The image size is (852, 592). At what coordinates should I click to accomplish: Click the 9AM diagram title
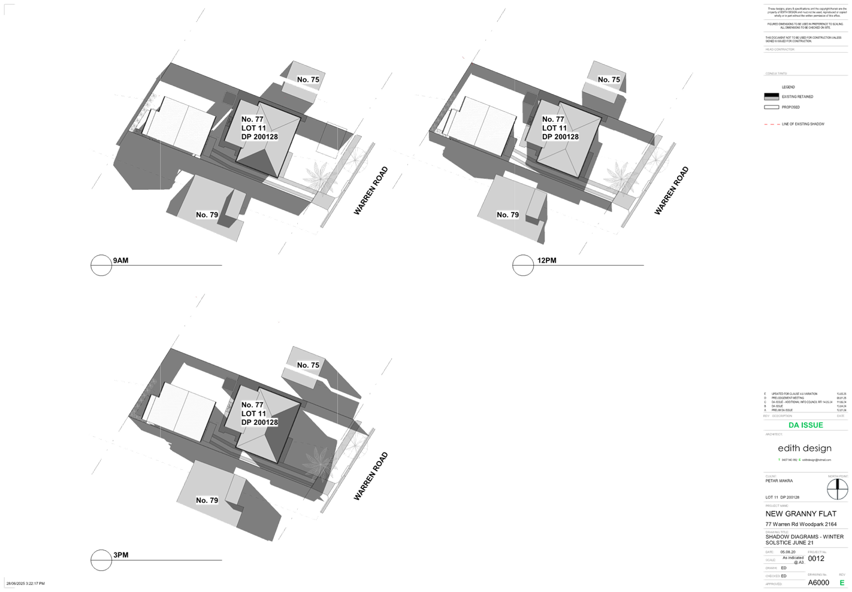[x=120, y=260]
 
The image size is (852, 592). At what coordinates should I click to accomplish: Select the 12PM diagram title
[x=547, y=260]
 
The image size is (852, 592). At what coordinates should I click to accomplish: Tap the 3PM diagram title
[x=120, y=555]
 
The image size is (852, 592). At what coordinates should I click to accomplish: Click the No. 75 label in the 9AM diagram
[x=308, y=80]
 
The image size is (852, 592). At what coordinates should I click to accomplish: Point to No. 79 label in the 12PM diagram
[x=507, y=215]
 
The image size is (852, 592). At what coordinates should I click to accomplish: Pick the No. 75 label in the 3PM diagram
[x=308, y=365]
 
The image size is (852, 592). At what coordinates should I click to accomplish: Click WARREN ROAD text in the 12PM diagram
[x=671, y=191]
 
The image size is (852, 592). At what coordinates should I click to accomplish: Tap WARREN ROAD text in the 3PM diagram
[x=371, y=476]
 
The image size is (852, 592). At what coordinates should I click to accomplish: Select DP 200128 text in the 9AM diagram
[x=259, y=136]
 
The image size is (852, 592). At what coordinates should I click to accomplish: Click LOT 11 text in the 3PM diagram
[x=253, y=414]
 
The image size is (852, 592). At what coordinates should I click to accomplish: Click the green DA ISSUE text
[x=805, y=425]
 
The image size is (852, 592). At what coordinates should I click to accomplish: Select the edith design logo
[x=804, y=448]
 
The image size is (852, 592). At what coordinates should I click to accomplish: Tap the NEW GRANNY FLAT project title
[x=800, y=514]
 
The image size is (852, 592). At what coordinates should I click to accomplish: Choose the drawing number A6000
[x=818, y=582]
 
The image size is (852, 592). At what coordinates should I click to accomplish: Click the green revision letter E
[x=842, y=582]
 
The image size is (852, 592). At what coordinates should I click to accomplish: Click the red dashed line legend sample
[x=771, y=125]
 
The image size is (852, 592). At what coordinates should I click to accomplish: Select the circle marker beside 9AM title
[x=101, y=265]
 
